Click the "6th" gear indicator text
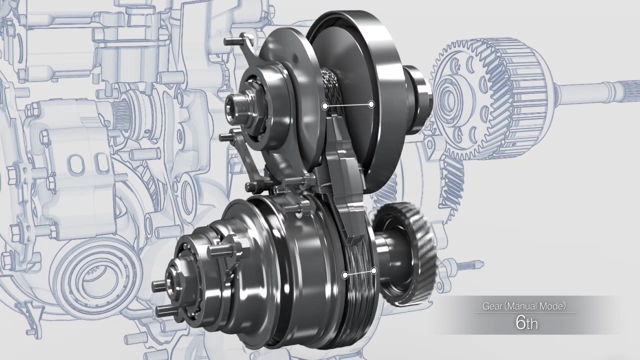pyautogui.click(x=526, y=323)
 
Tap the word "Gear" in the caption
pyautogui.click(x=492, y=306)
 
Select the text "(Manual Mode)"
pyautogui.click(x=535, y=306)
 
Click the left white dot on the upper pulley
pyautogui.click(x=325, y=106)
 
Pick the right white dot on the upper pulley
pyautogui.click(x=371, y=104)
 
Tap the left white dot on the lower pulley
pyautogui.click(x=345, y=275)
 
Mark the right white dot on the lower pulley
pyautogui.click(x=374, y=270)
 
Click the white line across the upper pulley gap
pyautogui.click(x=348, y=105)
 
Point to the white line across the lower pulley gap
pyautogui.click(x=359, y=273)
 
